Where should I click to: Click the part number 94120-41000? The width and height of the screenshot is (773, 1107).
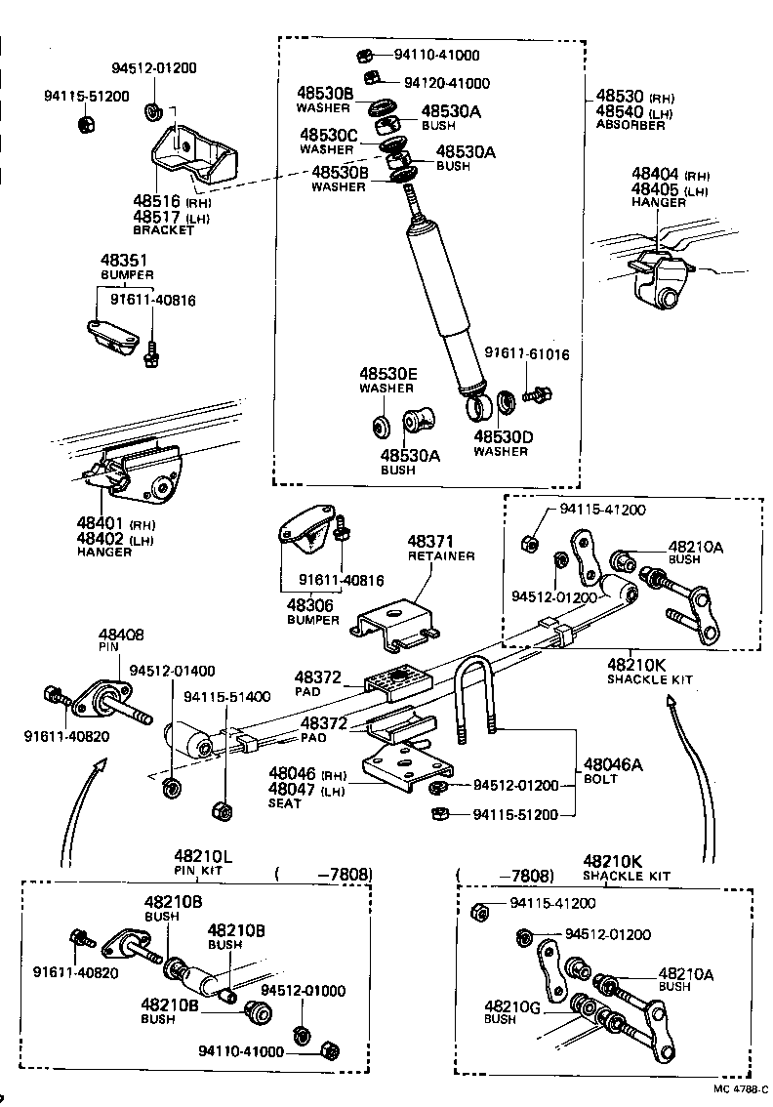[447, 84]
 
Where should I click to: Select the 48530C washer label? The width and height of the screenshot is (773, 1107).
[329, 135]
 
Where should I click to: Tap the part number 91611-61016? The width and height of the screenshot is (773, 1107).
[527, 355]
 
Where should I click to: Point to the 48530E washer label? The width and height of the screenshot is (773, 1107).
[387, 374]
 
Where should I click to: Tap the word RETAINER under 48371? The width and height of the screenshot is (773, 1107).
[440, 555]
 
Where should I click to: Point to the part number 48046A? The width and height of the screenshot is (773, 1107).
[613, 765]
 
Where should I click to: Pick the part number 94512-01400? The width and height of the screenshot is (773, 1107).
[173, 671]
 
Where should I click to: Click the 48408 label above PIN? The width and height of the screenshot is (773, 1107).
[120, 635]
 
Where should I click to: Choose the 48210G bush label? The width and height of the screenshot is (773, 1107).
[507, 1006]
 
